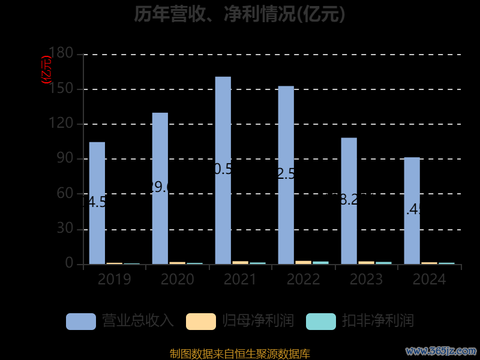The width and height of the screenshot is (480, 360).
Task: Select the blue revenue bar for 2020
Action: click(x=160, y=188)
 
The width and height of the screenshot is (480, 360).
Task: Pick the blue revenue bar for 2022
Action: click(x=286, y=175)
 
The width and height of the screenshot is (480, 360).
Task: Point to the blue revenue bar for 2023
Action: click(x=349, y=200)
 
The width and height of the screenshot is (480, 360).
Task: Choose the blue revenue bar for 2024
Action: click(x=412, y=210)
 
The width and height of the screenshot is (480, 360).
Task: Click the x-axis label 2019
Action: click(x=115, y=280)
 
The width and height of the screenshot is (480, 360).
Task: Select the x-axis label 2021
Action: click(x=240, y=280)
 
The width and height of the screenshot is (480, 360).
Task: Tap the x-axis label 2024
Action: click(x=429, y=280)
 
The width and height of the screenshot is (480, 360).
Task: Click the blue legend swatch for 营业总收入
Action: click(x=81, y=321)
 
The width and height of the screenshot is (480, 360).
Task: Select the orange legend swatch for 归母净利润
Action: click(x=201, y=321)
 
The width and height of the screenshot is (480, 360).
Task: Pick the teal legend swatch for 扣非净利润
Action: click(x=321, y=321)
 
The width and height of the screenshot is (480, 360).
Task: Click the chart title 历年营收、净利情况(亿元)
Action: click(x=240, y=14)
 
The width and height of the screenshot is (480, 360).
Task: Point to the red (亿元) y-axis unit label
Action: click(x=46, y=70)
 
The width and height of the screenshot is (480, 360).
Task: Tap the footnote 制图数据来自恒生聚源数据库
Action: click(x=240, y=353)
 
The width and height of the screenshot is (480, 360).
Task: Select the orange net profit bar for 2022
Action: click(x=304, y=262)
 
